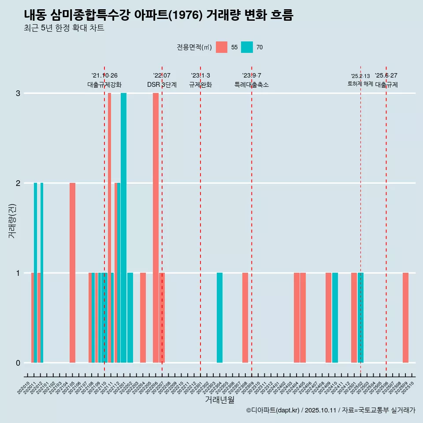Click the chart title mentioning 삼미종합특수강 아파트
[159, 15]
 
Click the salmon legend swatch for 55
[222, 47]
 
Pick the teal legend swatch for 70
[247, 47]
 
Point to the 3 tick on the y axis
[18, 93]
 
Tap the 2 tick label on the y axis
[18, 183]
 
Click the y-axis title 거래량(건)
[12, 220]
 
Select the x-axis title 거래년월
[219, 400]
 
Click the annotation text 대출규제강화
[104, 85]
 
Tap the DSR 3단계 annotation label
[162, 85]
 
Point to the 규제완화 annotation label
[200, 85]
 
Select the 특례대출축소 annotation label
[252, 85]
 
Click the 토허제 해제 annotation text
[360, 84]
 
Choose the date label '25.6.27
[386, 76]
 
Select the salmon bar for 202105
[72, 273]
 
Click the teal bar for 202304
[219, 318]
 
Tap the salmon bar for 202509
[405, 318]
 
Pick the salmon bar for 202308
[245, 318]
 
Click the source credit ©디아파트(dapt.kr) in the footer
[273, 410]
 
